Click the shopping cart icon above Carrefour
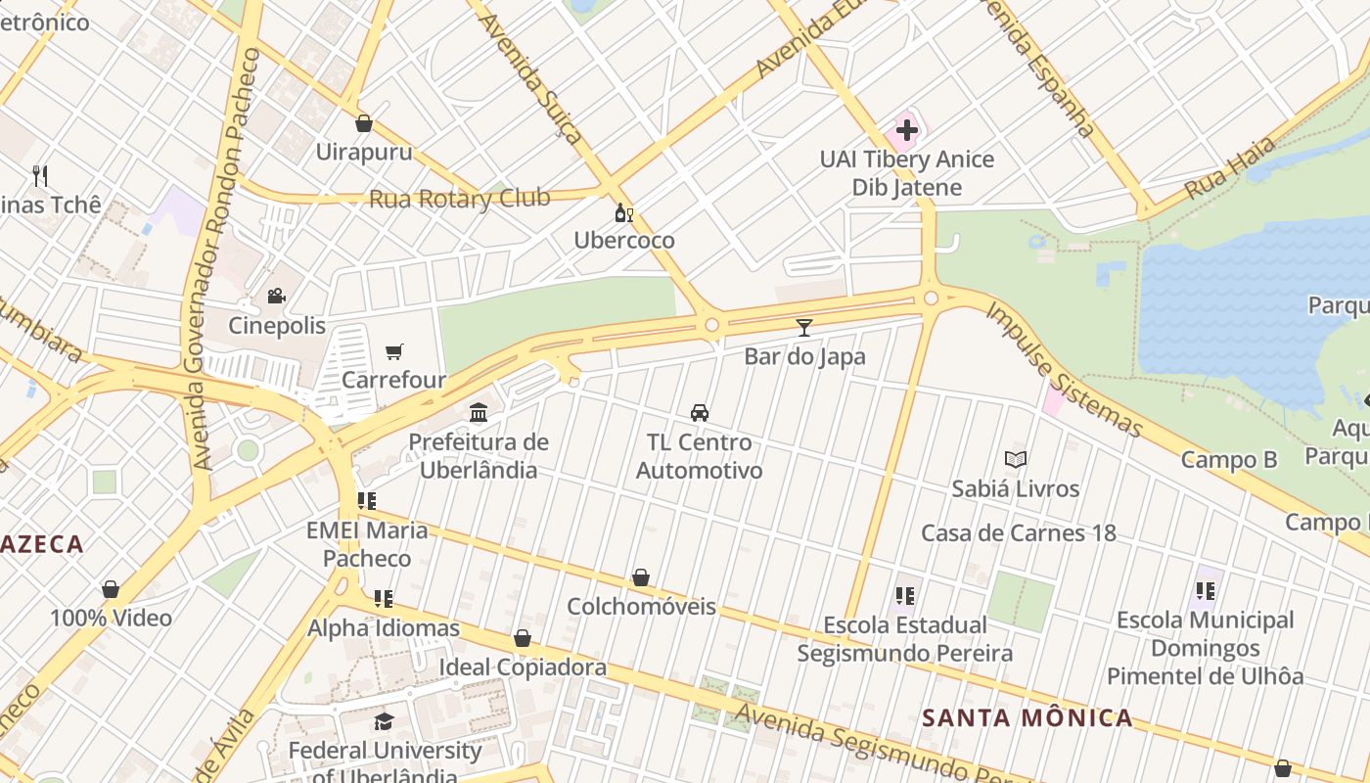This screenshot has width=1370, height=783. (394, 351)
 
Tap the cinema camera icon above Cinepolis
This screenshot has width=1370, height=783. (276, 296)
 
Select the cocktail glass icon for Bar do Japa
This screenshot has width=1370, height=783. (804, 327)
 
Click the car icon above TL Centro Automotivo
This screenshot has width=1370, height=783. (700, 413)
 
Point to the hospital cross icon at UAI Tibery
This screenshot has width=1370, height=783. (906, 129)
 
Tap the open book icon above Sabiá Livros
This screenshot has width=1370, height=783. (1016, 459)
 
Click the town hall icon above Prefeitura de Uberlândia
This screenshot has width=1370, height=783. (479, 413)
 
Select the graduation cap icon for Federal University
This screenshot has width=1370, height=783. (384, 722)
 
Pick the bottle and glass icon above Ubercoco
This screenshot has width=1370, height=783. (623, 212)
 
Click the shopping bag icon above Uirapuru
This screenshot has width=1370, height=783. (364, 123)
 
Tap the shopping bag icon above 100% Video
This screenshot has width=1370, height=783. (111, 589)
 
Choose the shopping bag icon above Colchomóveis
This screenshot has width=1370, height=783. (641, 577)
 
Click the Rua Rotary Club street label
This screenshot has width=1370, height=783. (459, 199)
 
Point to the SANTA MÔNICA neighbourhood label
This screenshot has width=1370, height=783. (1027, 718)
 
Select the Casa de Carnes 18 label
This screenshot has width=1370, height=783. (1018, 533)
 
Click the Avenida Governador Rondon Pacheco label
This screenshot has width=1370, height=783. (226, 259)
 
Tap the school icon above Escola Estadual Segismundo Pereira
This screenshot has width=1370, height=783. (904, 595)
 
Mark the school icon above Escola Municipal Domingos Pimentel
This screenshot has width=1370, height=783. (1205, 591)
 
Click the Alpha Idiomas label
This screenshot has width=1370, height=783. (384, 628)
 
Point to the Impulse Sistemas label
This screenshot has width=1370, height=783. (1064, 370)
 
